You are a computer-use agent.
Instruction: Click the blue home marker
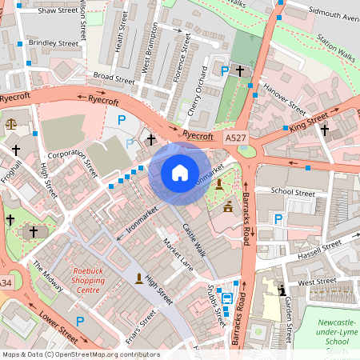179,172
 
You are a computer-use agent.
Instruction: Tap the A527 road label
235,138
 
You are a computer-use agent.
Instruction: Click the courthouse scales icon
10,123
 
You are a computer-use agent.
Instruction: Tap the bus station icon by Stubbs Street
227,299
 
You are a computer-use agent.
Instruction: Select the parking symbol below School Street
278,218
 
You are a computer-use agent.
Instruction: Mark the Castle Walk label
194,240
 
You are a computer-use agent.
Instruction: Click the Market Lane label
178,254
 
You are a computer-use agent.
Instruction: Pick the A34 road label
5,283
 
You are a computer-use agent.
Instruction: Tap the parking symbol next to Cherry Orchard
225,71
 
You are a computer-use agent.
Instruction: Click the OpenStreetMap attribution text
80,354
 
